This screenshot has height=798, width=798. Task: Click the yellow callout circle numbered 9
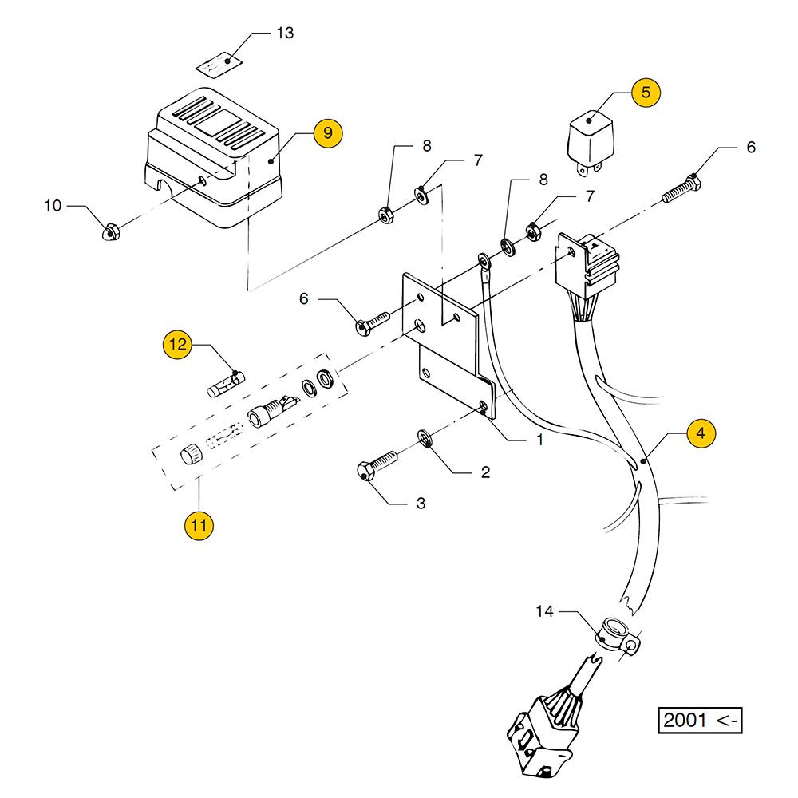point(328,132)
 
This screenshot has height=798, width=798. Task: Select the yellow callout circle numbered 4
point(701,433)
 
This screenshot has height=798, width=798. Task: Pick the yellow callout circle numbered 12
point(177,345)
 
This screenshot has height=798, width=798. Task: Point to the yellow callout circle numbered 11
point(199,526)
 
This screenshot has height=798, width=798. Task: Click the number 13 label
point(284,33)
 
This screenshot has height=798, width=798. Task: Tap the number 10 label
point(53,206)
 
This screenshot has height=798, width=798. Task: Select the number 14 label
point(544,612)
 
